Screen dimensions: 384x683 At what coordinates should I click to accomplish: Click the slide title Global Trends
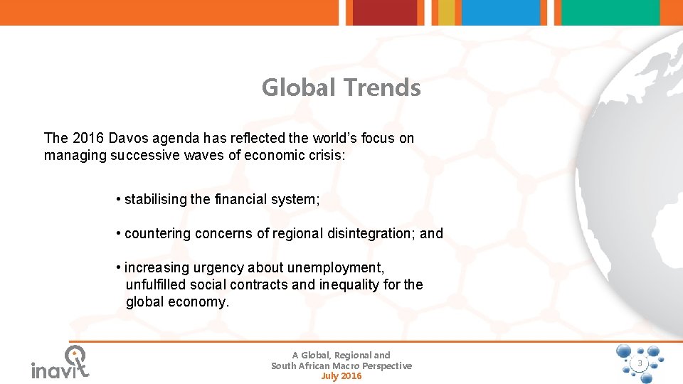341,88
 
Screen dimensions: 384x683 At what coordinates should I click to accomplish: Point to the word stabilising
156,200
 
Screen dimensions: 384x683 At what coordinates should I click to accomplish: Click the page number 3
640,363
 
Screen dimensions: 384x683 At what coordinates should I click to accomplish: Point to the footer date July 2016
341,376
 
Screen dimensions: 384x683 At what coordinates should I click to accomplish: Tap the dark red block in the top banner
385,12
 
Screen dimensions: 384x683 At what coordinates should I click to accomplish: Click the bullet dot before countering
118,233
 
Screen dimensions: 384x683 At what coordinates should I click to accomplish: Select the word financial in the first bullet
239,200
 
